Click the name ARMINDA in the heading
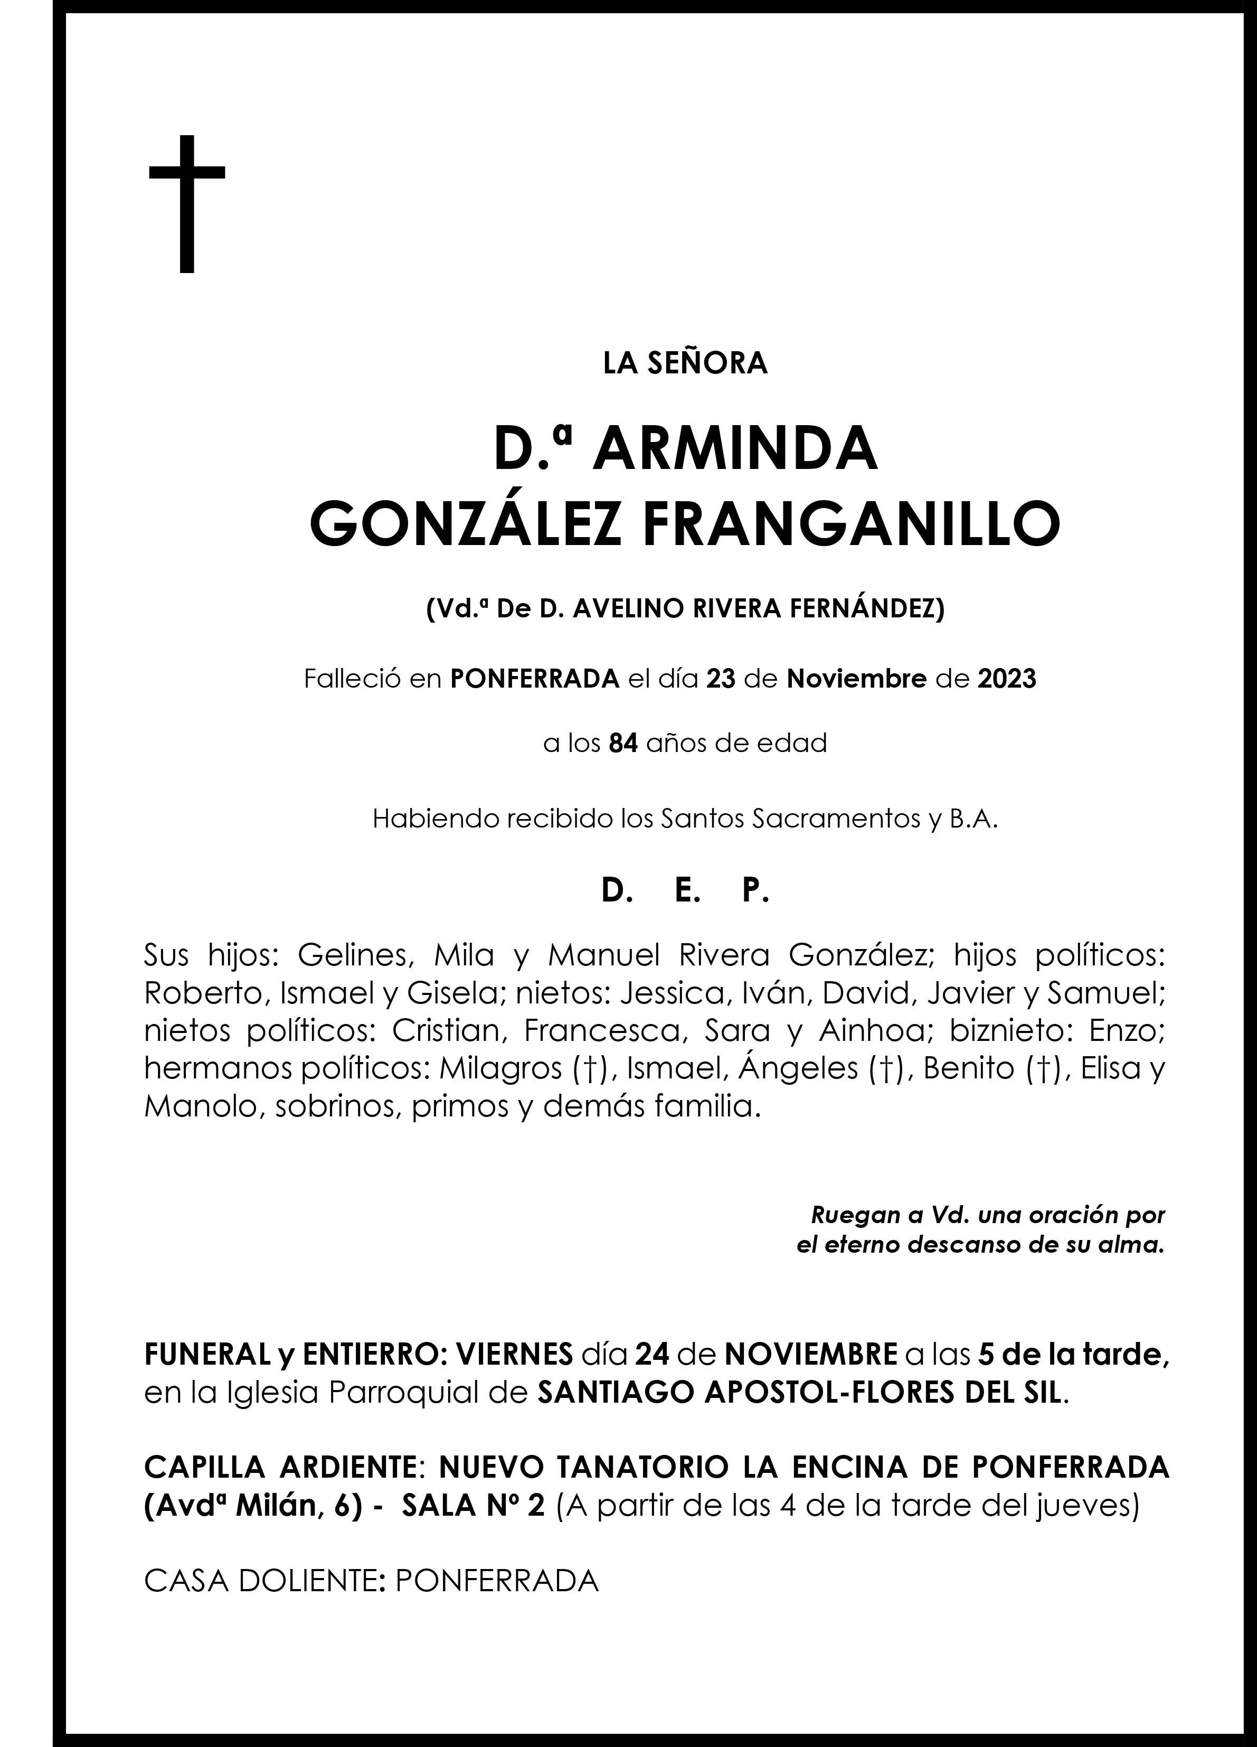tap(735, 450)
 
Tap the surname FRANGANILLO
tap(850, 524)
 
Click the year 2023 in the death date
tap(1007, 679)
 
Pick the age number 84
tap(623, 744)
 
